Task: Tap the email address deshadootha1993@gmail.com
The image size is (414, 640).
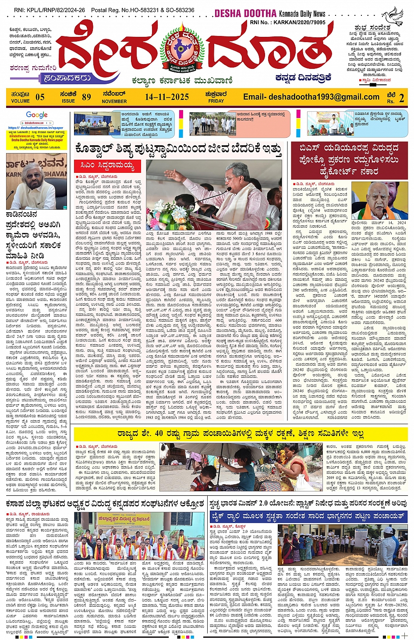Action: pos(311,97)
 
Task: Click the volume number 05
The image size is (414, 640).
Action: pos(40,97)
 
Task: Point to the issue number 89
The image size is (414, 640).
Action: pos(86,97)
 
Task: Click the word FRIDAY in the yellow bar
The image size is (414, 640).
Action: pos(216,101)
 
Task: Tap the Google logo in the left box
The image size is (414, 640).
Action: pos(37,115)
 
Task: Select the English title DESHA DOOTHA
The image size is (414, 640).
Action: pos(245,14)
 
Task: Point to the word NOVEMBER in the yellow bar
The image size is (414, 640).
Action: pos(114,101)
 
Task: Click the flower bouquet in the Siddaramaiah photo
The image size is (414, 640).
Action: pos(163,215)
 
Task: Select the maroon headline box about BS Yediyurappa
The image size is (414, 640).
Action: pos(349,160)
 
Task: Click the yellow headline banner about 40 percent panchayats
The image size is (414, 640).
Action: pos(241,434)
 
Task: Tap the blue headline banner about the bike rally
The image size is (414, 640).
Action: pos(308,516)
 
